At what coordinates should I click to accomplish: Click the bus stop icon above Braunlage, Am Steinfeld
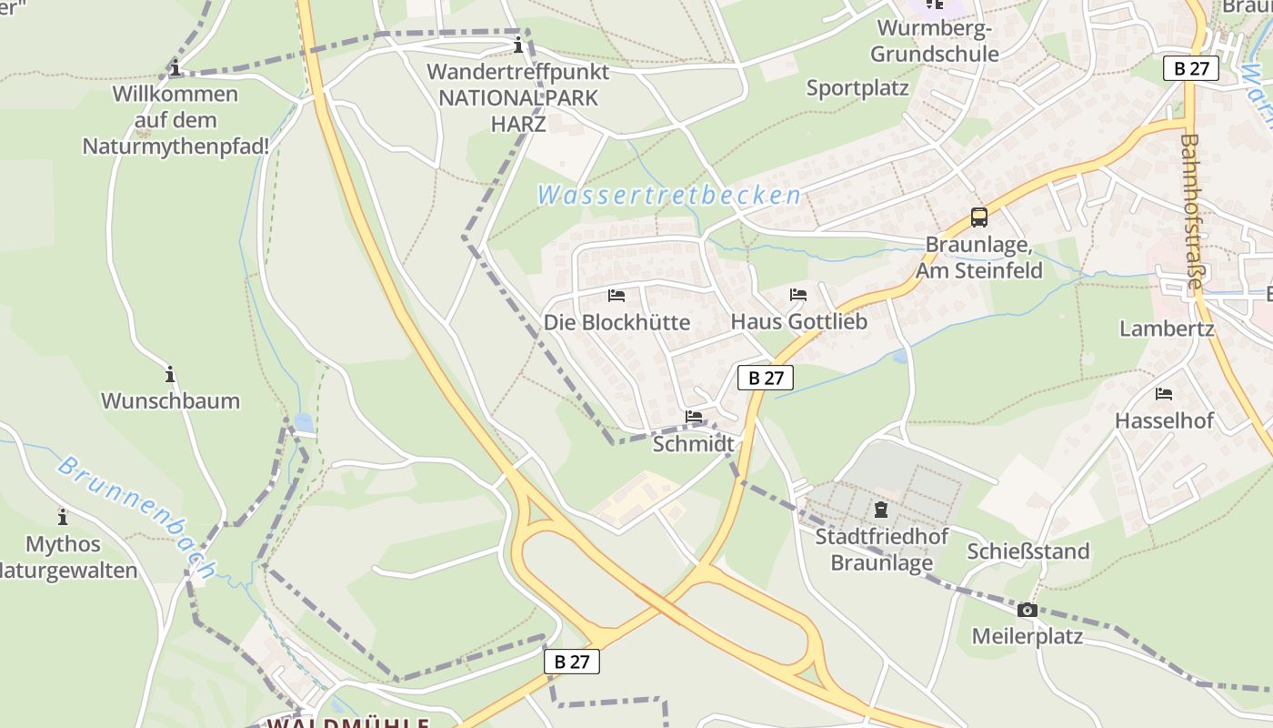click(x=978, y=217)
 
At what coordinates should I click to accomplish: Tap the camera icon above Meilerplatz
click(x=1027, y=610)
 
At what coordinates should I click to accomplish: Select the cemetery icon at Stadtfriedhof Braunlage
click(x=880, y=510)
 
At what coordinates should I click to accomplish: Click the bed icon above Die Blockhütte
click(x=616, y=296)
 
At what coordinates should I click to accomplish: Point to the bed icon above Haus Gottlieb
click(x=798, y=295)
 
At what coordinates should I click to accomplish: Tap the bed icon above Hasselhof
click(x=1164, y=394)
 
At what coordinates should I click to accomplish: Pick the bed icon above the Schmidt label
click(x=694, y=417)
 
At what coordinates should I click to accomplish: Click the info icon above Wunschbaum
click(x=170, y=374)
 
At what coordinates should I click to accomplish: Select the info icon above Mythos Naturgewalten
click(x=63, y=517)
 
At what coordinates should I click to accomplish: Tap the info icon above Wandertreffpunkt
click(x=518, y=45)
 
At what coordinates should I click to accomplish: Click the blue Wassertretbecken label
click(x=668, y=195)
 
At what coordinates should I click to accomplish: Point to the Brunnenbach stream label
click(x=136, y=517)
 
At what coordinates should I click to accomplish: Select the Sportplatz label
click(x=857, y=88)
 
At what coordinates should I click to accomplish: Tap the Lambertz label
click(x=1167, y=329)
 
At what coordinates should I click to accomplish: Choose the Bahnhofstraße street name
click(x=1192, y=212)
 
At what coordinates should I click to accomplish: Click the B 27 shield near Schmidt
click(x=766, y=378)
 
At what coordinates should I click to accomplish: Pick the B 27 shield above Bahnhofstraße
click(x=1190, y=68)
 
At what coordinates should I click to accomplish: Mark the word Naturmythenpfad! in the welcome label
click(x=175, y=146)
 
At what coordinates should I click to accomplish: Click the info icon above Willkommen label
click(x=175, y=68)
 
